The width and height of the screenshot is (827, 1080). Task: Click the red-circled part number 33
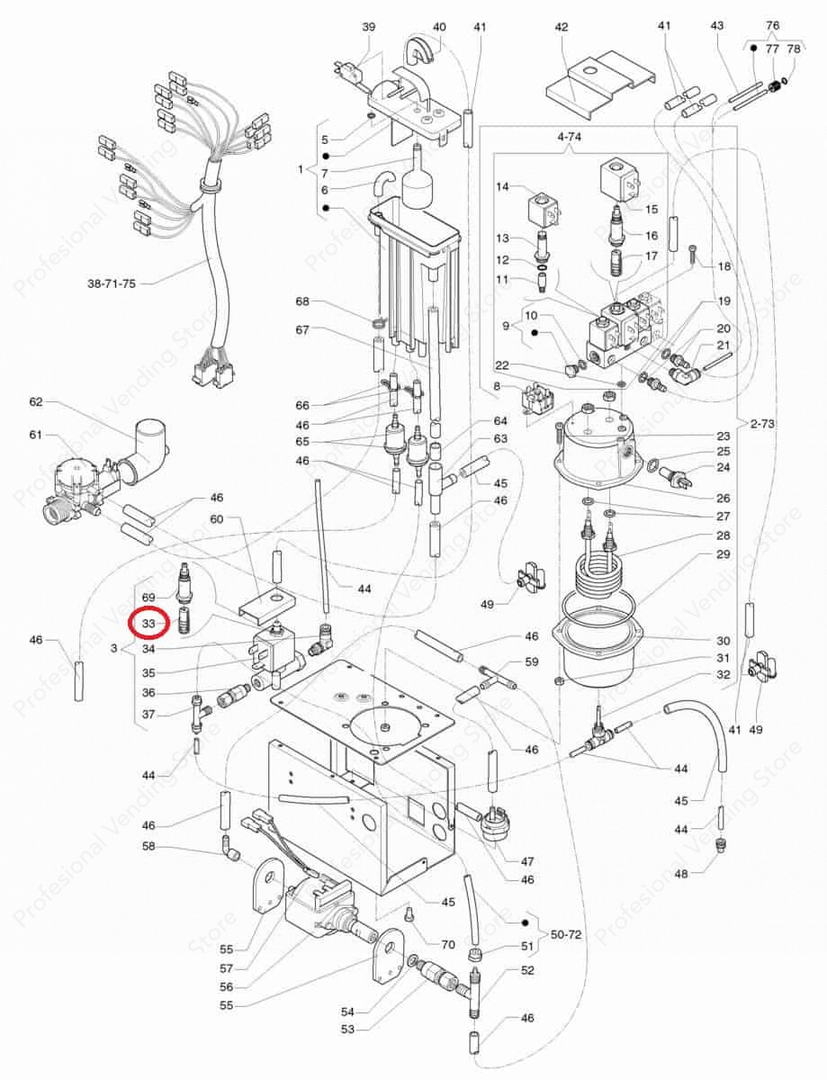148,623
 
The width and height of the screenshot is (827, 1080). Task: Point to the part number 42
562,27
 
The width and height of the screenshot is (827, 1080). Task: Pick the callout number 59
531,661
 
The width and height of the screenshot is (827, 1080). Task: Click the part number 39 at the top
368,27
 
